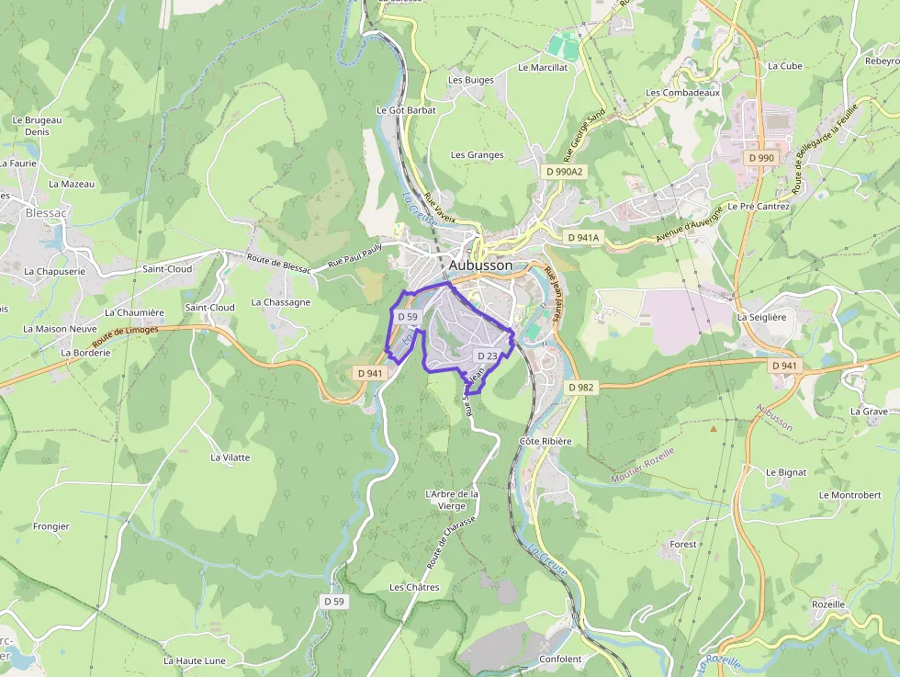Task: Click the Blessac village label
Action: [47, 211]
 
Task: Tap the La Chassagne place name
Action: [280, 302]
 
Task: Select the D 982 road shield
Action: [581, 387]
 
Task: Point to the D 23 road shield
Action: [487, 355]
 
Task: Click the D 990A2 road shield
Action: [564, 172]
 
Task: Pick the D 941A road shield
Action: [583, 237]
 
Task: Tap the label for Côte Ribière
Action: [546, 442]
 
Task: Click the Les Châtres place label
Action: [414, 587]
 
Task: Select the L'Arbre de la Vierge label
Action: [452, 500]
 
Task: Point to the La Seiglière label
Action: [762, 317]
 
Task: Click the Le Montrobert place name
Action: [849, 495]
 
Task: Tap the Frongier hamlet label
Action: [51, 526]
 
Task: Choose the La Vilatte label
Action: [230, 457]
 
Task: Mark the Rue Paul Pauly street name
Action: [354, 253]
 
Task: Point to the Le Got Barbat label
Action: [406, 109]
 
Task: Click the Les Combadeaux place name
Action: [682, 93]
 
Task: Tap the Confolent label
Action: [560, 660]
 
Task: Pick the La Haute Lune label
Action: [195, 660]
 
